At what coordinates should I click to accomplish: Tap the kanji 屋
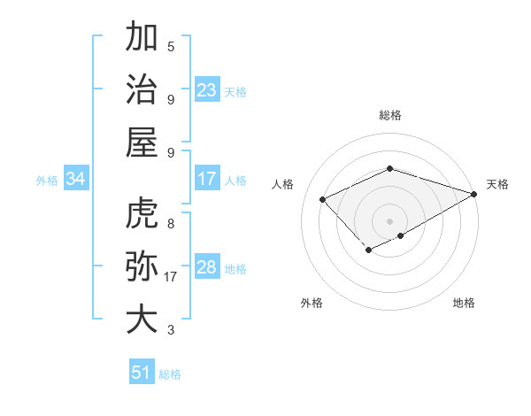[x=142, y=142]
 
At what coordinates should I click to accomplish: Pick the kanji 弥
[x=142, y=266]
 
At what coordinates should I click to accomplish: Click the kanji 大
[x=142, y=319]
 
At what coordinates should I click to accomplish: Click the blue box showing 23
[x=207, y=90]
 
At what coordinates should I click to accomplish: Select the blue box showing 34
[x=76, y=180]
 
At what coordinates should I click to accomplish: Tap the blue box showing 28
[x=207, y=267]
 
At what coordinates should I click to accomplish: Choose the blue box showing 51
[x=142, y=373]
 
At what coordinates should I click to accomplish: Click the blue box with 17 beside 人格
[x=207, y=179]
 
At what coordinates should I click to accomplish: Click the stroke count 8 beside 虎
[x=171, y=224]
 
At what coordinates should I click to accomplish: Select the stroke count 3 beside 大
[x=171, y=330]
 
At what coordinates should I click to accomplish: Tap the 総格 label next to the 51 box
[x=170, y=374]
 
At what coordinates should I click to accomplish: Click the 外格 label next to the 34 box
[x=47, y=181]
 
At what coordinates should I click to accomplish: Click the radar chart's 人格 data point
[x=323, y=199]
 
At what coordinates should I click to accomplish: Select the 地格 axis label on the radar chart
[x=464, y=304]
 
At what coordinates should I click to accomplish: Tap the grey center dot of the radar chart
[x=389, y=220]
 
